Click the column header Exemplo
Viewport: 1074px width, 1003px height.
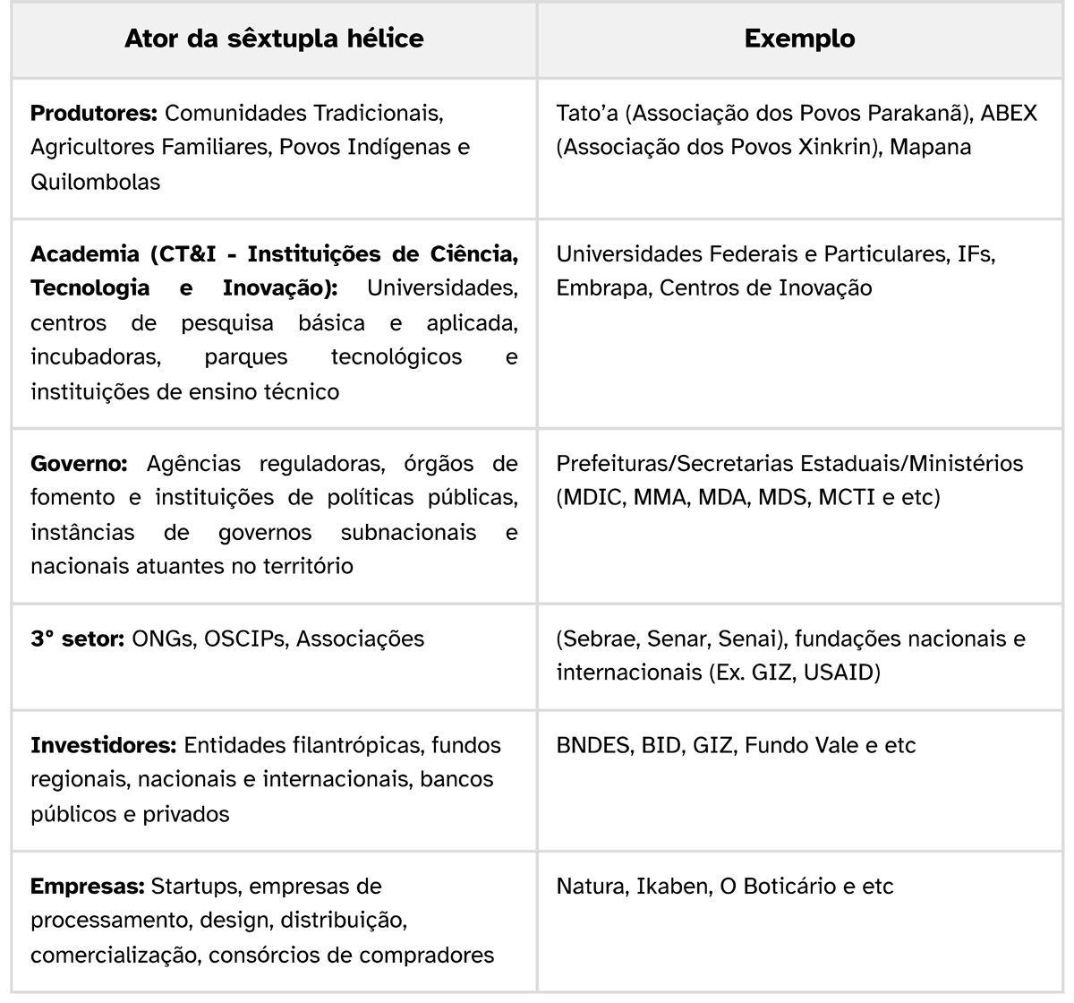coord(799,39)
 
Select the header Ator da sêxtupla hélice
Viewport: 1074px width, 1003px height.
coord(274,39)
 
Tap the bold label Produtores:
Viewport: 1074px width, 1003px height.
coord(94,114)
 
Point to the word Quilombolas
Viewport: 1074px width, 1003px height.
coord(95,182)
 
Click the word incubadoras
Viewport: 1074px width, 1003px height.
coord(96,356)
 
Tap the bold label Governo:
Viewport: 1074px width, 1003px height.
coord(79,463)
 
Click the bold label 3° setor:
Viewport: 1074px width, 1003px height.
coord(77,639)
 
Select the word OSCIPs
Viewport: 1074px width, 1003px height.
coord(244,639)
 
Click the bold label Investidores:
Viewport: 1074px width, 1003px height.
coord(104,745)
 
